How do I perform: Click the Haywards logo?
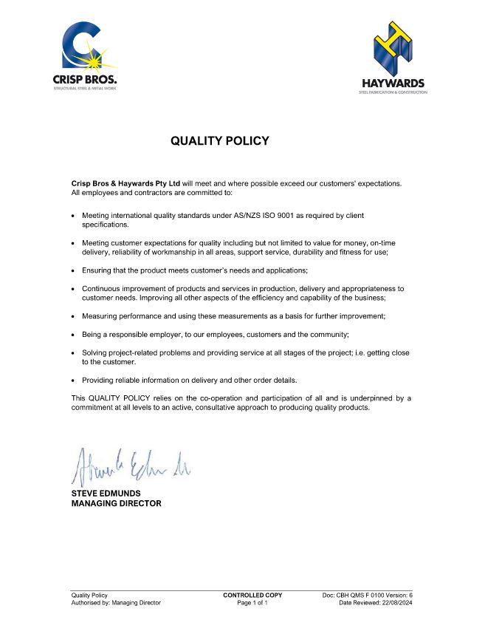coord(393,58)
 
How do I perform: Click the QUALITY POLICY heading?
coord(220,140)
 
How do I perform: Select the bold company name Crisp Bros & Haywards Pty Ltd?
coord(125,183)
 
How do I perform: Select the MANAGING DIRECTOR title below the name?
coord(116,503)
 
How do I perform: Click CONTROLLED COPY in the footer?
coord(252,595)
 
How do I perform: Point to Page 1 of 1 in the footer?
coord(252,603)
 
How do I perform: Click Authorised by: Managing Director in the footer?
coord(116,603)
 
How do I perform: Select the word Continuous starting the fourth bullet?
coord(100,288)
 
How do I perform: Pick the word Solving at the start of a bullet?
coord(94,353)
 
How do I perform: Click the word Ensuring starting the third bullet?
coord(97,270)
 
